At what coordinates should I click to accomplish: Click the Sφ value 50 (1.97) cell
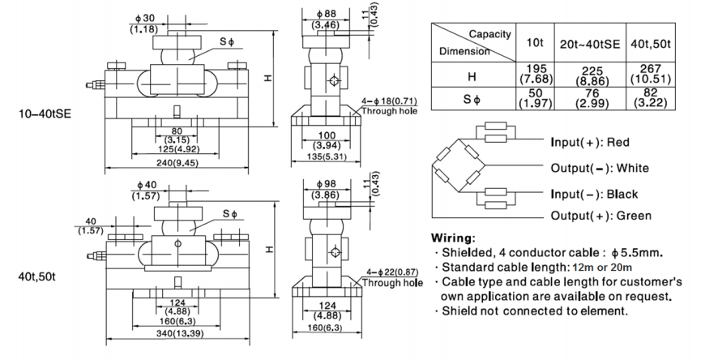click(x=535, y=99)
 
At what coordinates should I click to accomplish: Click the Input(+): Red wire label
click(x=591, y=143)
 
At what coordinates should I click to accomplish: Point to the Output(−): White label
click(x=600, y=168)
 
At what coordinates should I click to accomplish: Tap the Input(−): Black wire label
click(x=593, y=194)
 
